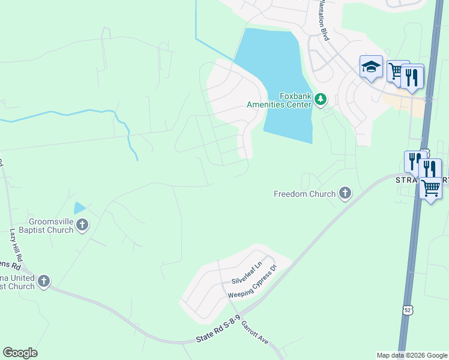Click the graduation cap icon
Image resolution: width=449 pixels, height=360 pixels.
point(371,67)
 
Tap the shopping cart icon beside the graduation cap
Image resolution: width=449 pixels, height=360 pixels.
point(397,71)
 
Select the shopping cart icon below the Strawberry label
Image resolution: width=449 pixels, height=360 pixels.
point(430,188)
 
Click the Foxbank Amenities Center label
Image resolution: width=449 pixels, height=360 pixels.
point(279,100)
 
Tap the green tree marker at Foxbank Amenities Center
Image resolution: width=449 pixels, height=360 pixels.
point(321,98)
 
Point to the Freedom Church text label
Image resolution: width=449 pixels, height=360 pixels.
point(304,194)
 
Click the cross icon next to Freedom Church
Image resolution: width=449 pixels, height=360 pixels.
point(345,193)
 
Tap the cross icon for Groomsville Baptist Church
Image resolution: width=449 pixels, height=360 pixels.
point(82,226)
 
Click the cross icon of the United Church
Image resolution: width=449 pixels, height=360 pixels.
point(43,281)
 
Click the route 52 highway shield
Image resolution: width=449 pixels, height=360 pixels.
point(408,310)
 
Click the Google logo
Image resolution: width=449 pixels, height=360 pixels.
point(20,353)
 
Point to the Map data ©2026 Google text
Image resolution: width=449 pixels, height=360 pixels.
point(412,355)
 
